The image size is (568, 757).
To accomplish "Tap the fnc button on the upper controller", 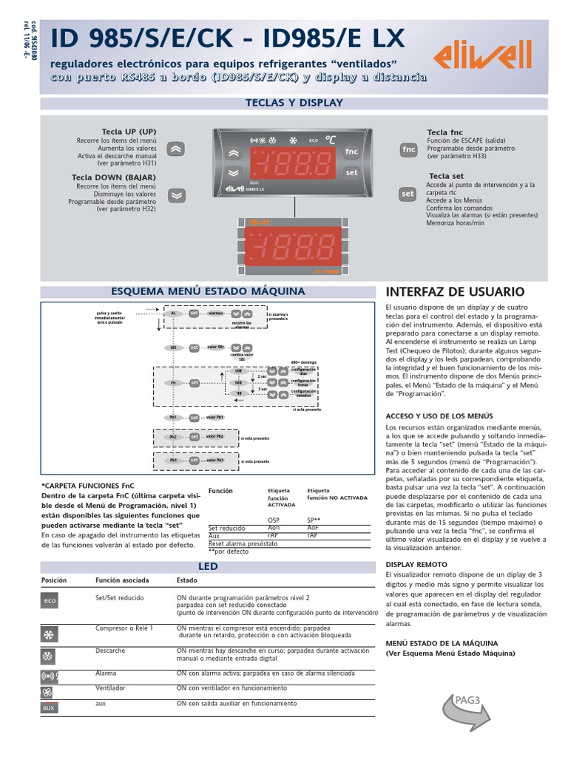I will click(351, 152).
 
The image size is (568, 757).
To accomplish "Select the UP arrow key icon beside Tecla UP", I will click(176, 148).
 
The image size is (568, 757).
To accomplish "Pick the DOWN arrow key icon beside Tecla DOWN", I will click(176, 195).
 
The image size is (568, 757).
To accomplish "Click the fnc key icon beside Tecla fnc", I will click(408, 149).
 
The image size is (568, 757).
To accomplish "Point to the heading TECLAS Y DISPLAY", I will click(294, 103).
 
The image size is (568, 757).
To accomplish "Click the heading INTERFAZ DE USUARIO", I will click(455, 292).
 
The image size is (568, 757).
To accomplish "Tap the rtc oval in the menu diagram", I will click(173, 383).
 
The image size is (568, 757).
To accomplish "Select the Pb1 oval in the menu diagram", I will click(173, 418).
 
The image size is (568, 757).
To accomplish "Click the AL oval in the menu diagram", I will click(173, 313).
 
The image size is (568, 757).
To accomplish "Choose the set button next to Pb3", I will click(194, 460).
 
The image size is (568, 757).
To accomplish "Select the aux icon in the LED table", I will click(49, 707).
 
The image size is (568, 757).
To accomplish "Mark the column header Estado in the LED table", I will click(187, 581).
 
